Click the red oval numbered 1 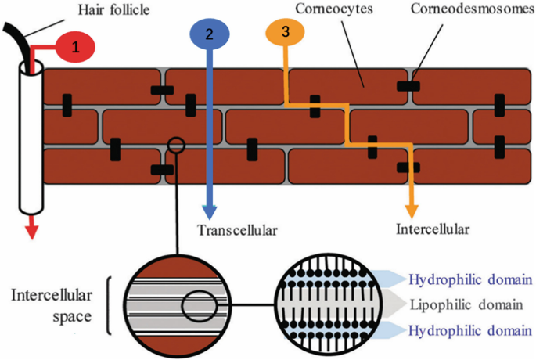click(75, 47)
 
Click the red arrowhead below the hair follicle click(31, 229)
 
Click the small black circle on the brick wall click(176, 144)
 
